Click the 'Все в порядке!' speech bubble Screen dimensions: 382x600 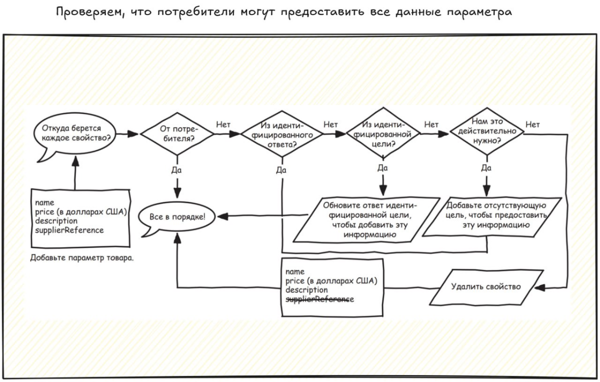click(177, 217)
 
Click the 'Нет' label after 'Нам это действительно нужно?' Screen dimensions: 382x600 click(532, 124)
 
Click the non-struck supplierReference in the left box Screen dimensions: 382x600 click(69, 230)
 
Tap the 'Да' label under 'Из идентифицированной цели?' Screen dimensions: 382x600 click(383, 167)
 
